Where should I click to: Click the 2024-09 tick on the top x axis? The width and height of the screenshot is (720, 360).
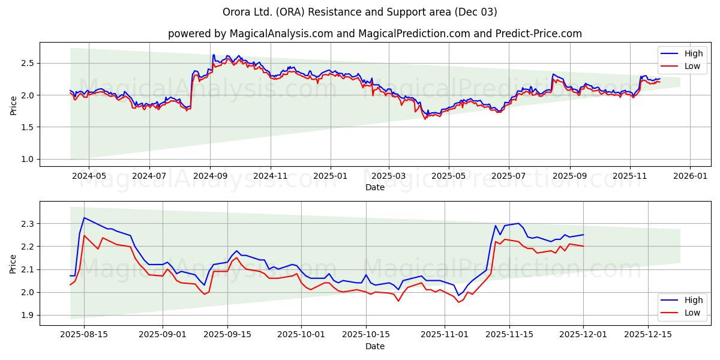pyautogui.click(x=210, y=176)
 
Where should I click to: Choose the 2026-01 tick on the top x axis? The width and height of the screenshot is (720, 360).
pyautogui.click(x=690, y=176)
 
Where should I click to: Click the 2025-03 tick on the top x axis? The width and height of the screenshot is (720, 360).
pyautogui.click(x=388, y=176)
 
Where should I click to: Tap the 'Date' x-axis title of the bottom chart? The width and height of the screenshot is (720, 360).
pyautogui.click(x=375, y=347)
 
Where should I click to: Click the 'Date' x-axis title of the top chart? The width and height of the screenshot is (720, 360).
pyautogui.click(x=375, y=187)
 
